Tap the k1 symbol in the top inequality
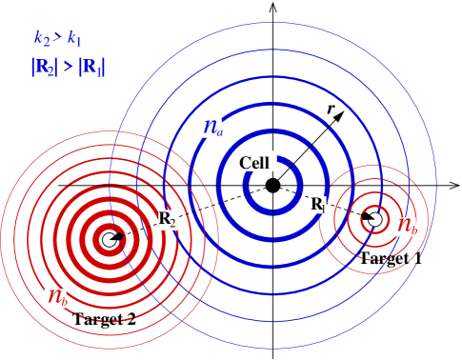(x=74, y=39)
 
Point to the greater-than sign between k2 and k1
(x=57, y=39)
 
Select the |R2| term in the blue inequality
(x=44, y=68)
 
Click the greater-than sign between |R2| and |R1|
(x=68, y=68)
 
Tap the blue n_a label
(x=211, y=128)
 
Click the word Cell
(x=255, y=162)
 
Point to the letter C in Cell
(x=245, y=162)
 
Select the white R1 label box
(x=317, y=205)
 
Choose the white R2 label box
(x=168, y=219)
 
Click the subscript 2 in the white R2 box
(x=172, y=222)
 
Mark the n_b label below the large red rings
(x=56, y=298)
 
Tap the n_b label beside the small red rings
(x=406, y=227)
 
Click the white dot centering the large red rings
(x=110, y=239)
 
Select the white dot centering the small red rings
(x=374, y=219)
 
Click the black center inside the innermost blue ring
(x=273, y=187)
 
